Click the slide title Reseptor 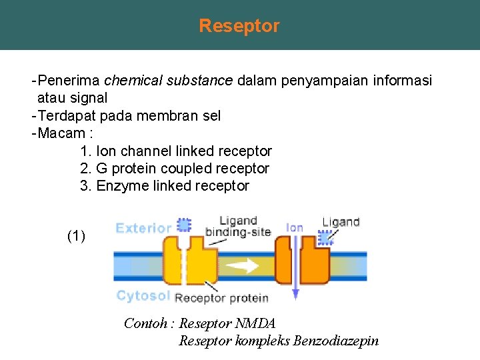point(239,26)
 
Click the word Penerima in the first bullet point(69,81)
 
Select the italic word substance point(199,81)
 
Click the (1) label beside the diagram point(77,236)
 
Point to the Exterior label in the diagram point(143,228)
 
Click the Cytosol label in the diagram point(143,296)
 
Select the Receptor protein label point(222,298)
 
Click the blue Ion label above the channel point(294,227)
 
